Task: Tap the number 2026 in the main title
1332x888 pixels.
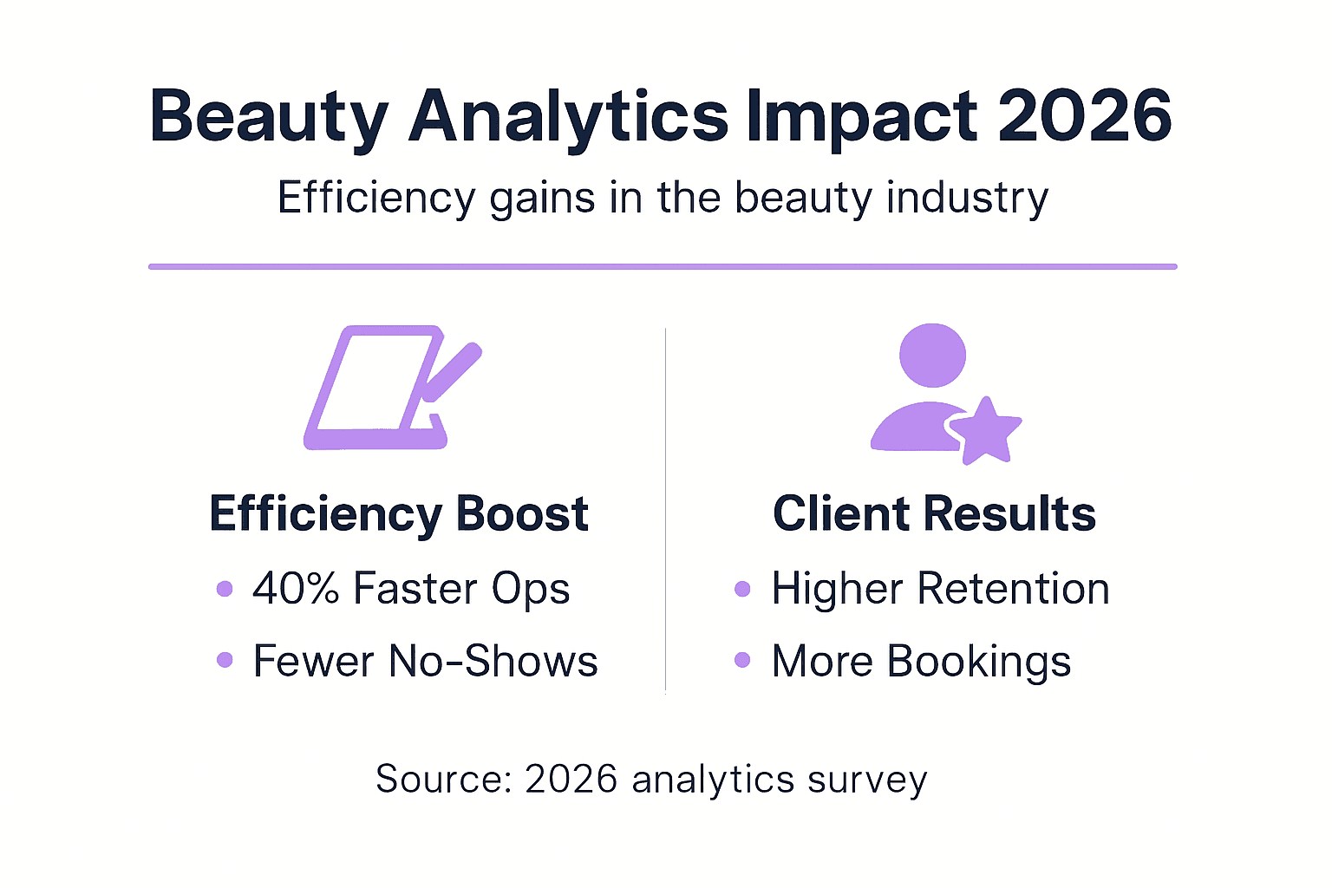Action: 1085,117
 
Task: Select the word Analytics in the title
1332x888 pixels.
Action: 569,117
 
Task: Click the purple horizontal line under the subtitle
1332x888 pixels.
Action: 663,266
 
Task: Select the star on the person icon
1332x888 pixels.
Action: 986,431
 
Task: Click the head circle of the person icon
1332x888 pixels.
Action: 932,356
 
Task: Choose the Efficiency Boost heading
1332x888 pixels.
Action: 399,513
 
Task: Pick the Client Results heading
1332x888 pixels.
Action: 934,513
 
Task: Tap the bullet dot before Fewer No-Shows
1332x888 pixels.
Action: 225,660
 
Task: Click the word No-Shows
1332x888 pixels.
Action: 493,661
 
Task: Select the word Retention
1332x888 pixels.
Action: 1013,589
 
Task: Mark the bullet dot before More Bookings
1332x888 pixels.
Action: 742,660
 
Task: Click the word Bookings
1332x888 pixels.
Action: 979,662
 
